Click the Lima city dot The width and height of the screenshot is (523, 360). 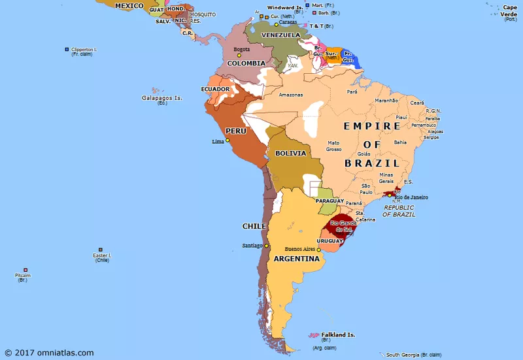pyautogui.click(x=228, y=140)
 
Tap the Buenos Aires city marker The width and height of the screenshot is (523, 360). pyautogui.click(x=318, y=249)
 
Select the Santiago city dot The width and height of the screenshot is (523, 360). pyautogui.click(x=266, y=246)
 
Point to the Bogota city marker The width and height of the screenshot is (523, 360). pyautogui.click(x=239, y=55)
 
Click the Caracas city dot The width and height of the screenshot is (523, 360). pyautogui.click(x=276, y=25)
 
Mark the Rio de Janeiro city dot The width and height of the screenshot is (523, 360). pyautogui.click(x=390, y=195)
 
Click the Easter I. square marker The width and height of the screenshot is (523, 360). pyautogui.click(x=101, y=249)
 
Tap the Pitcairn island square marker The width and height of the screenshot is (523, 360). pyautogui.click(x=25, y=270)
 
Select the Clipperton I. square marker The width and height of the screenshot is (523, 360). pyautogui.click(x=66, y=49)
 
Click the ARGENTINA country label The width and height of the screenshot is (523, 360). pyautogui.click(x=297, y=259)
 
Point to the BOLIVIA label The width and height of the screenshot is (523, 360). pyautogui.click(x=290, y=153)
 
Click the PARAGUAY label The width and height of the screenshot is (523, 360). pyautogui.click(x=329, y=201)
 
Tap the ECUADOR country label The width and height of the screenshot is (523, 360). pyautogui.click(x=215, y=89)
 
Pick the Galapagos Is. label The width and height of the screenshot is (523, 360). pyautogui.click(x=161, y=98)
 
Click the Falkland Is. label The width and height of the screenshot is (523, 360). pyautogui.click(x=338, y=335)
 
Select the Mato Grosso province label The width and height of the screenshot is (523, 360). pyautogui.click(x=334, y=146)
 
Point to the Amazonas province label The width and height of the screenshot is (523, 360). pyautogui.click(x=291, y=95)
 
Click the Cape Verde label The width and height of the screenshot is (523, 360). pyautogui.click(x=510, y=11)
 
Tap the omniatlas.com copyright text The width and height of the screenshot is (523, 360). pyautogui.click(x=50, y=353)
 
